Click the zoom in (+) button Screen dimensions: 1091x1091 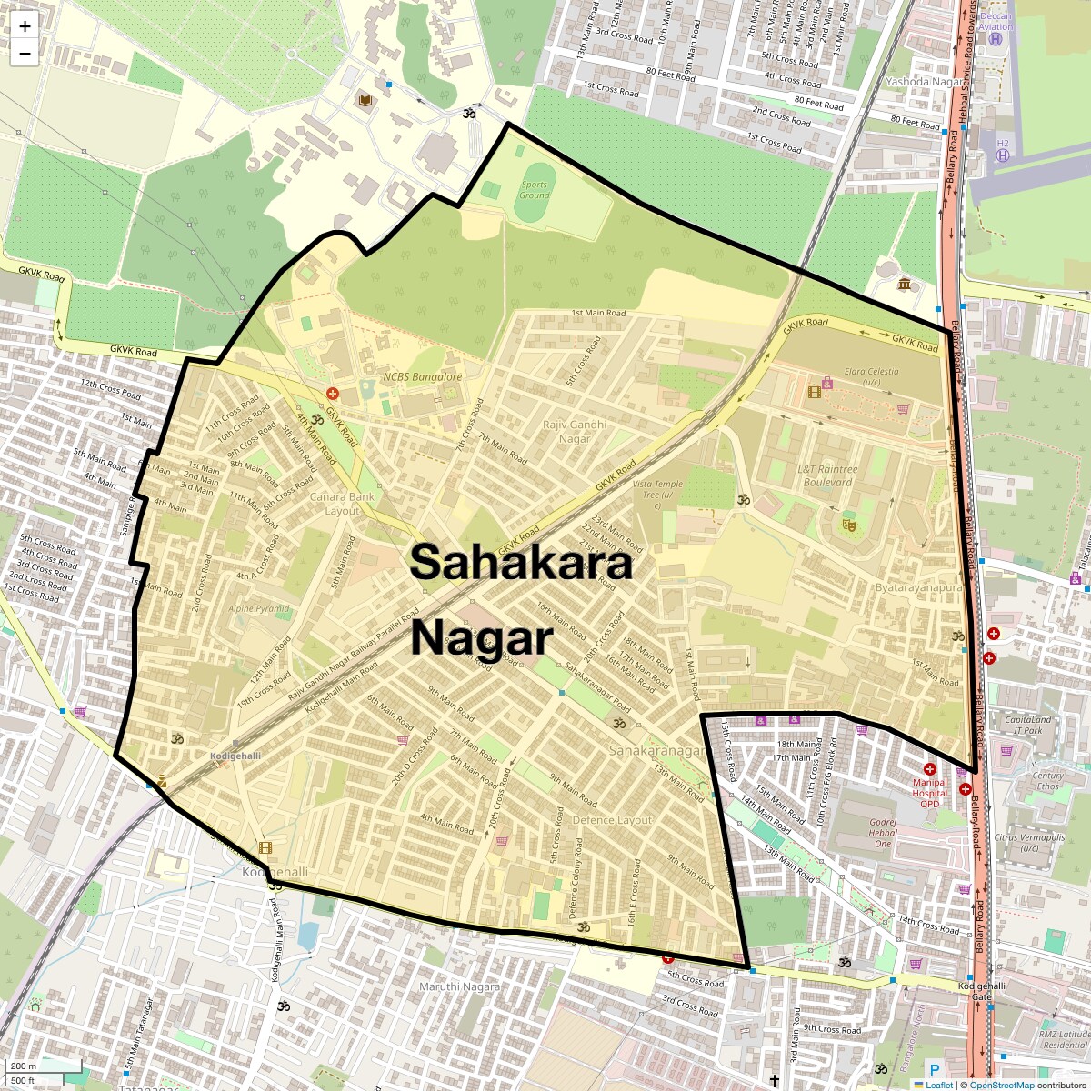tap(25, 26)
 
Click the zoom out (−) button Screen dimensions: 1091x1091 tap(25, 54)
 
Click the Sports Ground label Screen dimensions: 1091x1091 tap(535, 190)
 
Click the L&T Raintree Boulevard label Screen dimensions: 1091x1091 tap(827, 475)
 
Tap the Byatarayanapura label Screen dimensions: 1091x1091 tap(917, 588)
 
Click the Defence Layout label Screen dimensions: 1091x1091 tap(612, 820)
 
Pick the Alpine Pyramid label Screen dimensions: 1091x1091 tap(259, 609)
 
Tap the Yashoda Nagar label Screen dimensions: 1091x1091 tap(924, 82)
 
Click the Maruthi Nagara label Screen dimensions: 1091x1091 tap(459, 986)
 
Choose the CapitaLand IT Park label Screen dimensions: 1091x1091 tap(1028, 725)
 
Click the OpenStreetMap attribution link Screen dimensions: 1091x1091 tap(1001, 1085)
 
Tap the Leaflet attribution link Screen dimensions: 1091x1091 tap(939, 1085)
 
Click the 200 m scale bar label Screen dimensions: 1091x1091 tap(24, 1066)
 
